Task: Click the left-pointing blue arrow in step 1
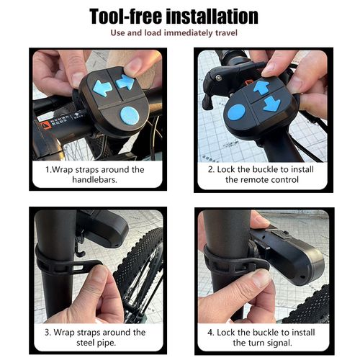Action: (102, 89)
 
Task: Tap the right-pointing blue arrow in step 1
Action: (125, 82)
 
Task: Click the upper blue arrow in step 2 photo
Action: (261, 87)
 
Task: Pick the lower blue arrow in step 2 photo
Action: (271, 104)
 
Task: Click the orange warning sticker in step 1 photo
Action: (45, 124)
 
